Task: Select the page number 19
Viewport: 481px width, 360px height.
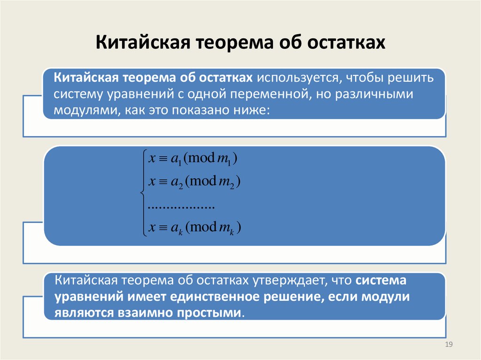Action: tap(448, 345)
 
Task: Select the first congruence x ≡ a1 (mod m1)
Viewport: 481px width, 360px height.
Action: tap(193, 160)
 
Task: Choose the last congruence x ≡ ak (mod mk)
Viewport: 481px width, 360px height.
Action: tap(194, 228)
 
